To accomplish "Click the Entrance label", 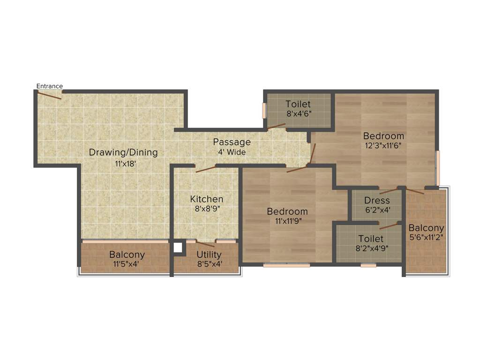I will tap(49, 86).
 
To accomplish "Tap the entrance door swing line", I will tap(49, 95).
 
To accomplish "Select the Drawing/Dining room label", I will tap(123, 152).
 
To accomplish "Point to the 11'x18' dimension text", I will tap(126, 164).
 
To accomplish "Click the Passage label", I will tap(232, 142).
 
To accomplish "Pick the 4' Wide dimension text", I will tap(232, 152).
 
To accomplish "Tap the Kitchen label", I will tap(207, 199).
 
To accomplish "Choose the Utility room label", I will tap(209, 255).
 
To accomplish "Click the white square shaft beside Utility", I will tap(178, 247).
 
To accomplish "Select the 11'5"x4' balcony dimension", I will tap(126, 264).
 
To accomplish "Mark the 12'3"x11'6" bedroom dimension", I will tap(383, 145).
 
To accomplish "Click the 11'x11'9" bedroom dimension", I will tap(287, 221).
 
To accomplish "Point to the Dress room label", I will tap(377, 201).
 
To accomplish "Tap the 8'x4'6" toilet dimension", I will tap(299, 113).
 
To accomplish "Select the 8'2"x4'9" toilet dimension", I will tap(370, 248).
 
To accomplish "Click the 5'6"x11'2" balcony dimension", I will tap(426, 237).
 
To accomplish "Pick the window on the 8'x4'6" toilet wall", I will tap(264, 110).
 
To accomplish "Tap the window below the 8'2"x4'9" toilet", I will tap(368, 265).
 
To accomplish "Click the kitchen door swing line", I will tap(205, 169).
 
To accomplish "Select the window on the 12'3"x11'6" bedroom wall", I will tap(438, 167).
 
